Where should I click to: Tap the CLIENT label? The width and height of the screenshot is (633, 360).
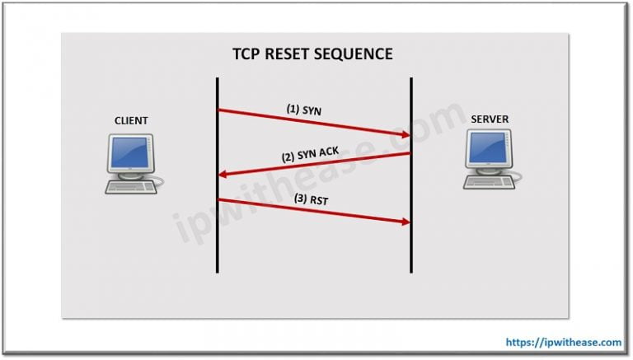(131, 121)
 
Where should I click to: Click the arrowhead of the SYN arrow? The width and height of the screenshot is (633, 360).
(406, 134)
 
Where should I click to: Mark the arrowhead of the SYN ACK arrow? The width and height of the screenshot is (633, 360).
(223, 174)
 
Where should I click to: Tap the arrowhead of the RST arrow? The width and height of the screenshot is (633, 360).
(406, 222)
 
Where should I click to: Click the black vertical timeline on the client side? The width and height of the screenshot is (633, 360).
(218, 247)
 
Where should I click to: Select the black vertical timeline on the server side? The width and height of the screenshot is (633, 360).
(411, 247)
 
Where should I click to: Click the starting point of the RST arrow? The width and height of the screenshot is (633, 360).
(219, 199)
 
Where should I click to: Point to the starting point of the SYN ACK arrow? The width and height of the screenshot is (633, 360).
(410, 153)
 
